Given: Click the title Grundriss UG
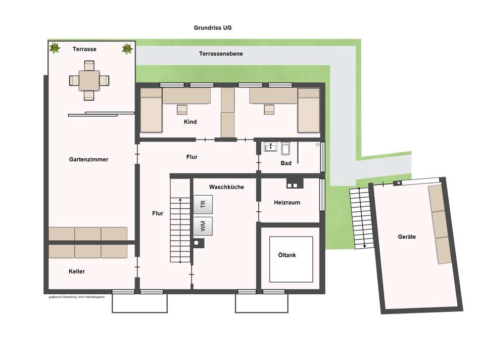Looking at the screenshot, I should tap(213, 28).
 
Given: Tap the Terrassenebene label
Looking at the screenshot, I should tap(221, 54).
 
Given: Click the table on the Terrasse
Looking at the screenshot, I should tap(89, 80).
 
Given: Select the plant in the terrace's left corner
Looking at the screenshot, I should tap(55, 49).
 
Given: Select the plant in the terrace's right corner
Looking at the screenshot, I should tap(127, 49).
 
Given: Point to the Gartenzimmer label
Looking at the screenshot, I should tap(88, 159).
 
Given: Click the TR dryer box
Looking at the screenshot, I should tap(203, 204).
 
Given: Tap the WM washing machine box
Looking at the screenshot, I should tap(203, 226).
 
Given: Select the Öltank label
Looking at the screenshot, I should tap(287, 255).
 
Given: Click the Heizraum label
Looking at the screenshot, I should tap(287, 202).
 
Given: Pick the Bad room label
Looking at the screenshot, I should tap(286, 163).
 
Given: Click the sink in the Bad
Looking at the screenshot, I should tap(270, 148).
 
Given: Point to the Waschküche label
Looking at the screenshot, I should tap(226, 187).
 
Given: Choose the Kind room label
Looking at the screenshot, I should tap(190, 122).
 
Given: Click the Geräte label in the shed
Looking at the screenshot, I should tap(407, 237).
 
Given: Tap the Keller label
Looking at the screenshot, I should tap(77, 272).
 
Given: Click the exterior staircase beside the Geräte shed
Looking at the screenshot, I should tap(362, 217).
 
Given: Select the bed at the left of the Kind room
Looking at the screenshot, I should tap(151, 110).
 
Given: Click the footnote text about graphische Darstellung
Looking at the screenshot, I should tap(76, 297).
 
